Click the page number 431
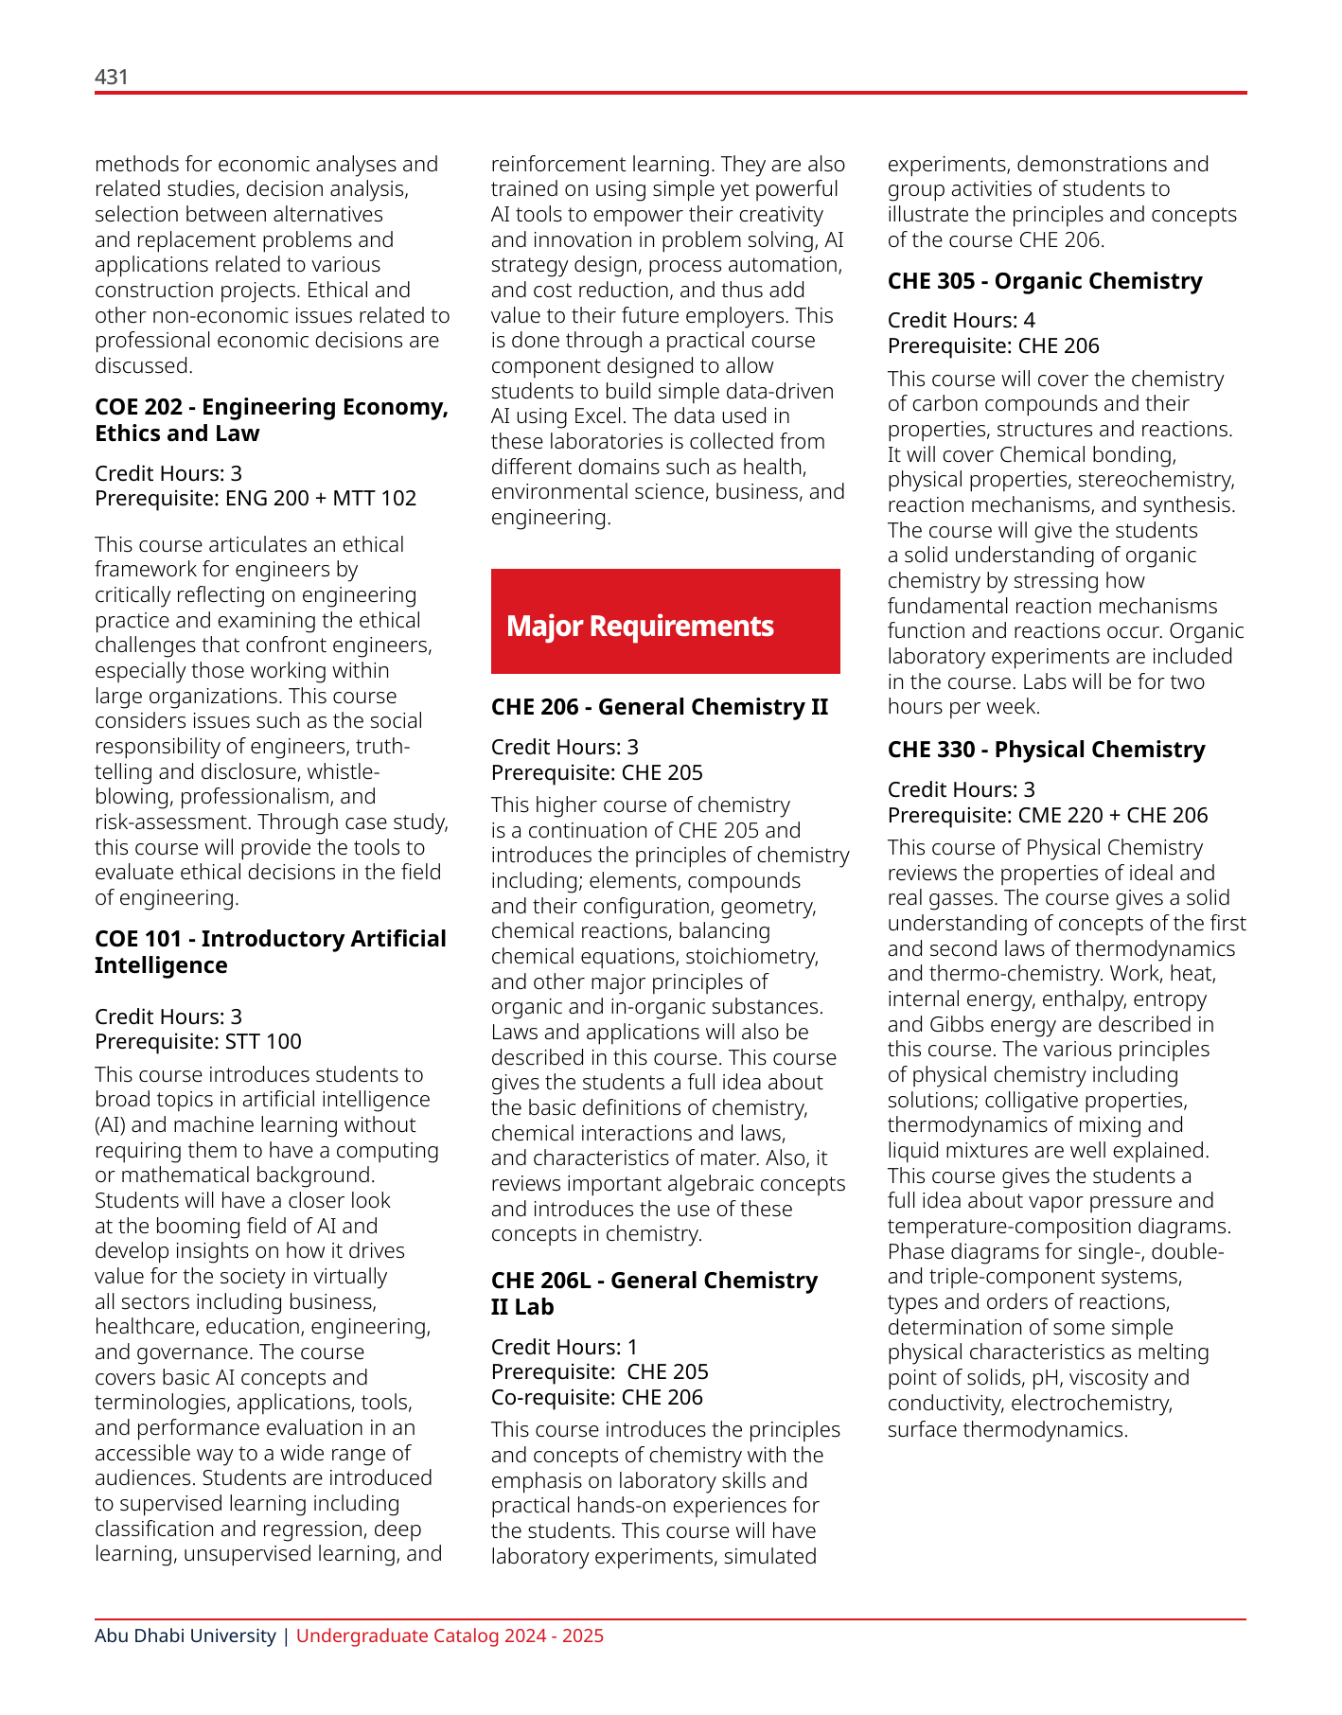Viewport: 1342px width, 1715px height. [x=112, y=77]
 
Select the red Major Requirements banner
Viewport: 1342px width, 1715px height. [x=665, y=622]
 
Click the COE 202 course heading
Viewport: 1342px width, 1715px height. [x=271, y=419]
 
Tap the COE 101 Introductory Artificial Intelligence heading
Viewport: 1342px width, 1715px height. [x=270, y=951]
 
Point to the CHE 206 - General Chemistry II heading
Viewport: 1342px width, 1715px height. [x=659, y=707]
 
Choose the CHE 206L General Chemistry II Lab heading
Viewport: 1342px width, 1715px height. [x=654, y=1293]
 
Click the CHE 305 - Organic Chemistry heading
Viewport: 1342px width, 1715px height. [x=1045, y=281]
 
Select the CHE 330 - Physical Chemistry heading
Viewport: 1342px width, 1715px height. [x=1046, y=750]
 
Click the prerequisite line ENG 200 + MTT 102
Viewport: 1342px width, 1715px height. [x=256, y=498]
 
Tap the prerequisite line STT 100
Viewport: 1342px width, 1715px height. [x=198, y=1041]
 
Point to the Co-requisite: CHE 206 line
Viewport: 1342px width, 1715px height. [x=596, y=1397]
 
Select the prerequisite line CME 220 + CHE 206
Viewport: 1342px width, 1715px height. [x=1047, y=815]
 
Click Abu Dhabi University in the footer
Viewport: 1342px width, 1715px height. [x=185, y=1635]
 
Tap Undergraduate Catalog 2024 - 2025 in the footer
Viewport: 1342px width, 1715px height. [x=450, y=1635]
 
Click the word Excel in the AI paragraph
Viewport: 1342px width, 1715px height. [x=601, y=416]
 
